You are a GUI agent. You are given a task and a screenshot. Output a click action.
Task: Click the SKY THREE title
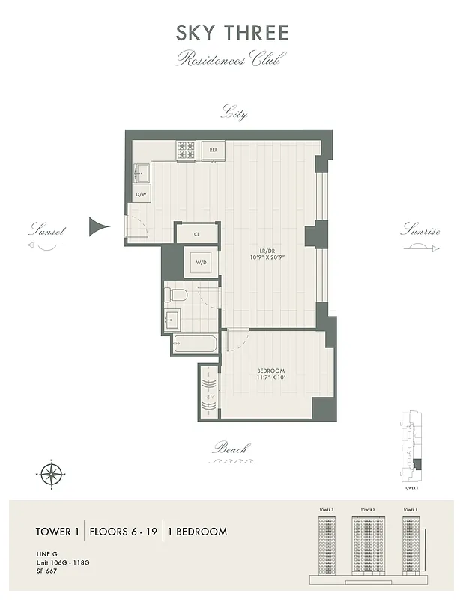[x=231, y=34]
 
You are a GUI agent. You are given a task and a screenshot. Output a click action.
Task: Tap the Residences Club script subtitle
[x=231, y=59]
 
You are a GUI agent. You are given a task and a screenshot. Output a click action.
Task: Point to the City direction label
[x=233, y=114]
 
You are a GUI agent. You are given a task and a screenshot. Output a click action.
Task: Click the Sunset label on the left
[x=46, y=231]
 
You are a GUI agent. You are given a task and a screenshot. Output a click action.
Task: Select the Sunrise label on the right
[x=420, y=230]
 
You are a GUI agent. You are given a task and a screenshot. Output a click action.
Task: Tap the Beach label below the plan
[x=231, y=449]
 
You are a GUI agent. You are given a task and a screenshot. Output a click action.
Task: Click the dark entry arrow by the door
[x=99, y=226]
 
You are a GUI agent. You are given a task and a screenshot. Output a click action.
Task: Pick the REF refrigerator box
[x=214, y=151]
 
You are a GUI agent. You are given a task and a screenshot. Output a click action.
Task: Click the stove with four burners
[x=187, y=151]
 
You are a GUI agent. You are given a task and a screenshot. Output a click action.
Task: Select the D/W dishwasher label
[x=140, y=195]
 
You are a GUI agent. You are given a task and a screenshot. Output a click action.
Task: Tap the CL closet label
[x=197, y=234]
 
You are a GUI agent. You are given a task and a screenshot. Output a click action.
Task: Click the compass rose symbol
[x=51, y=473]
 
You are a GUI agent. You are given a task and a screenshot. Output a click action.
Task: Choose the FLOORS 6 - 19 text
[x=124, y=532]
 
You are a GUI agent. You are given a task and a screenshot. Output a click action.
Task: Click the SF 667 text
[x=46, y=571]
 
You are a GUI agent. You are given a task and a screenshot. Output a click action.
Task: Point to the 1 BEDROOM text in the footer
[x=197, y=532]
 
